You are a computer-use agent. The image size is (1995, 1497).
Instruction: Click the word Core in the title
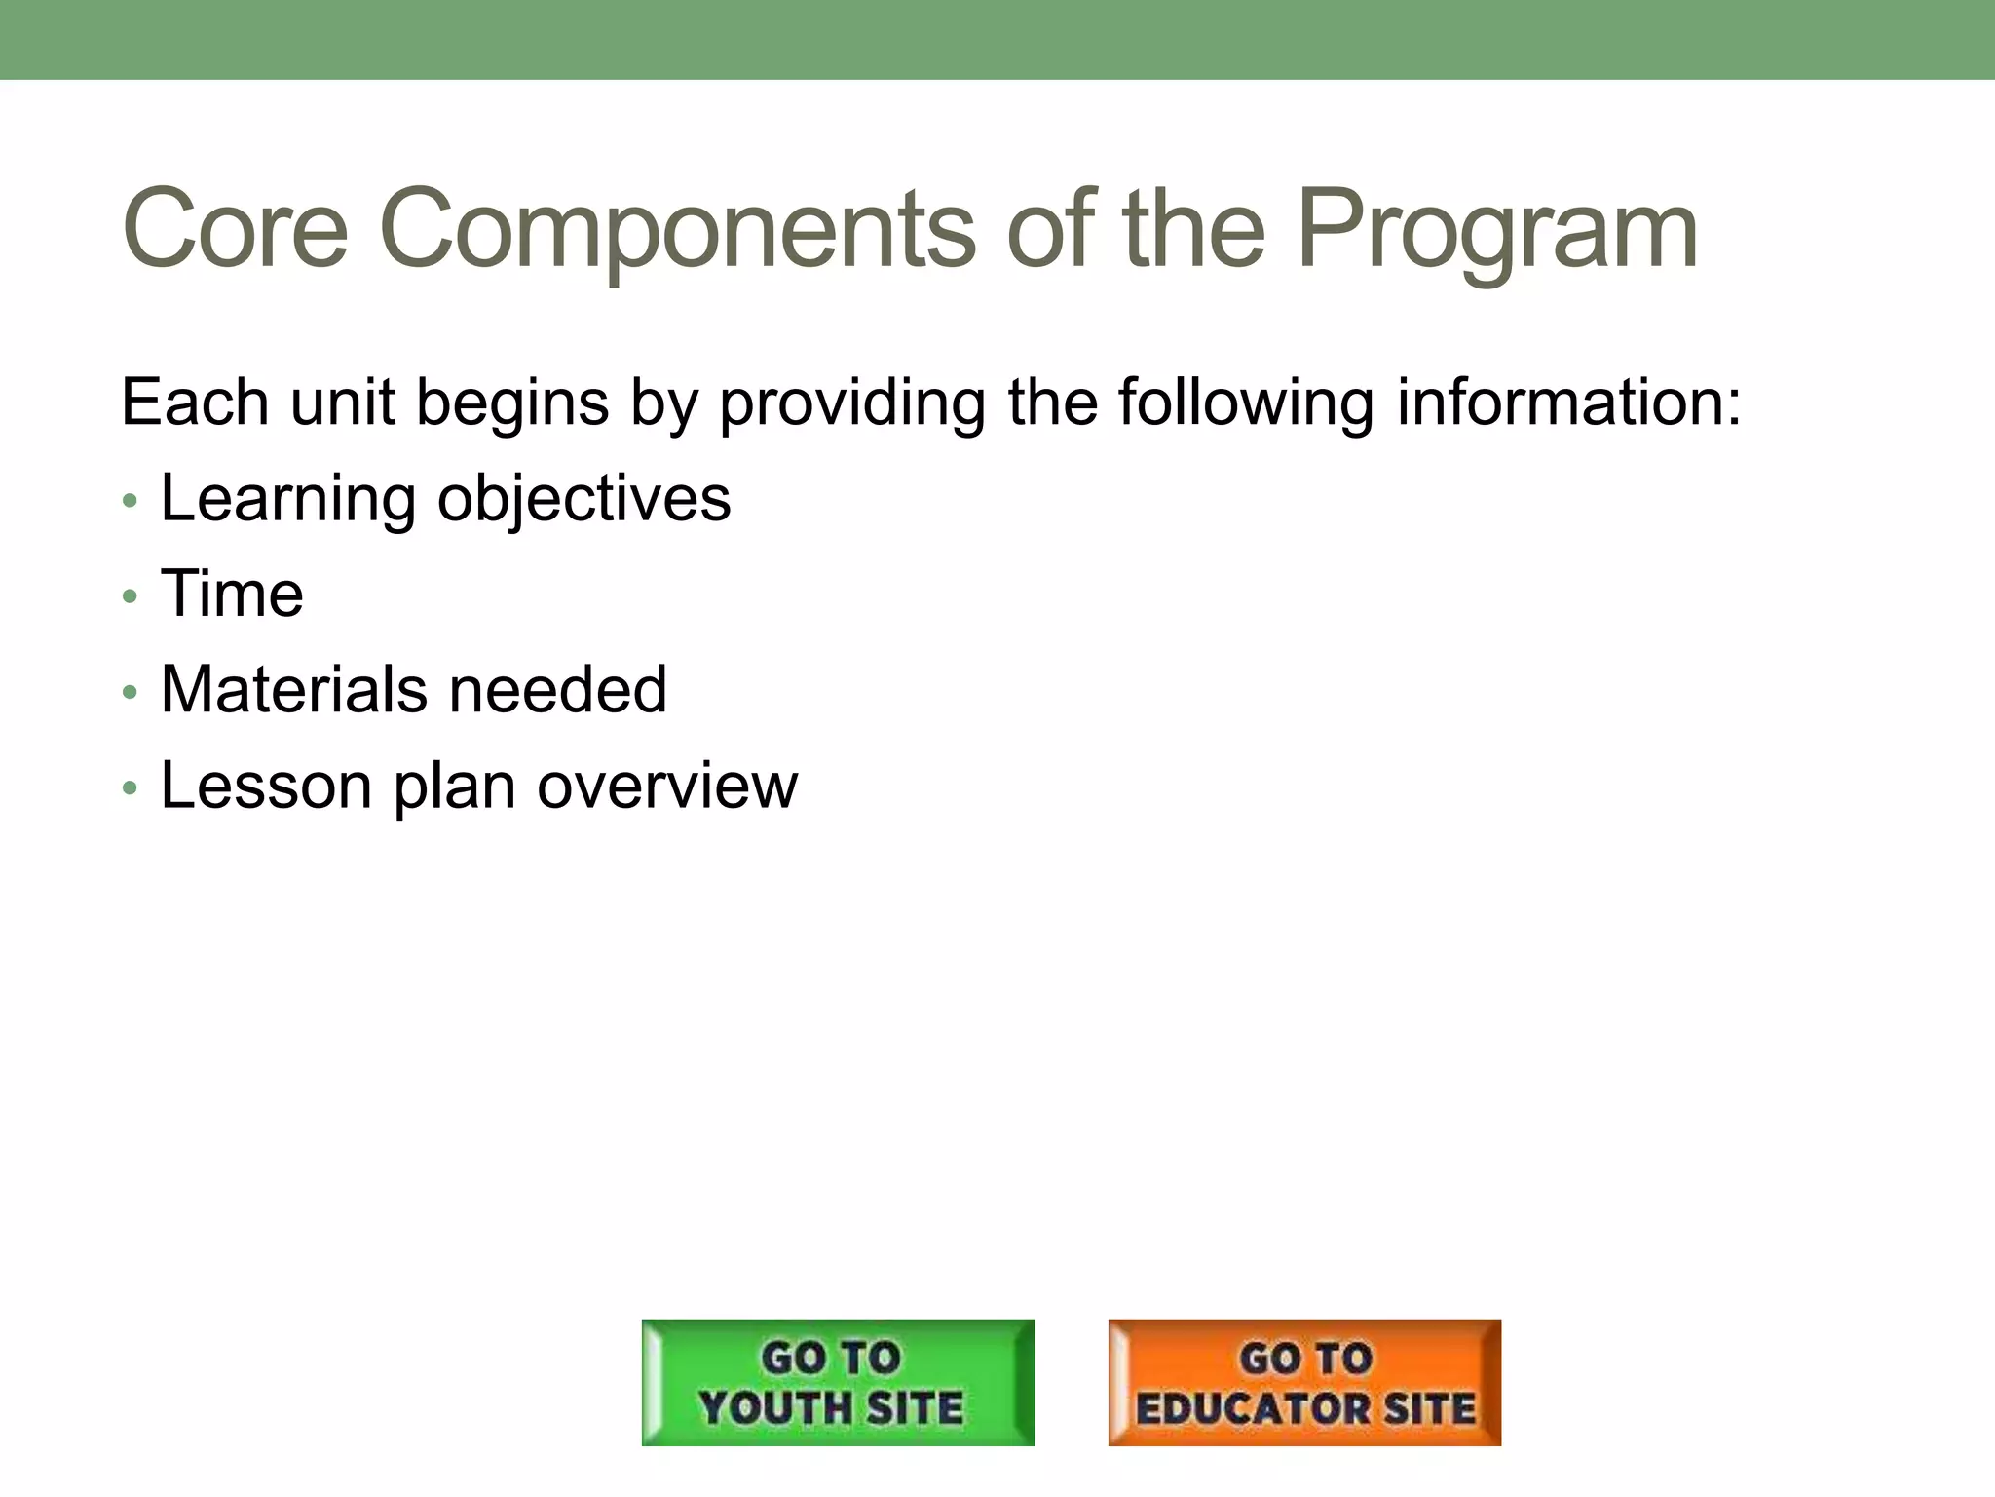[x=235, y=230]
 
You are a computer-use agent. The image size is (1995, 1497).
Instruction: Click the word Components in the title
[x=676, y=230]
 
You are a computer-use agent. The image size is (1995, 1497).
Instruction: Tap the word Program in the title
[x=1497, y=230]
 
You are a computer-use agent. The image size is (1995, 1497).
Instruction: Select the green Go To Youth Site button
[x=838, y=1382]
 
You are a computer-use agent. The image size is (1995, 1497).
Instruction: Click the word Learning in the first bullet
[x=287, y=499]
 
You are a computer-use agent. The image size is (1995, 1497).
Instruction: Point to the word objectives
[x=583, y=499]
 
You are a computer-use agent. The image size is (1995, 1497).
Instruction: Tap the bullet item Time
[x=232, y=594]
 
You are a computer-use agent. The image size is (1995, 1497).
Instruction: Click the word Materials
[x=293, y=690]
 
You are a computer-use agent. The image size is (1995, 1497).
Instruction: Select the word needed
[x=558, y=690]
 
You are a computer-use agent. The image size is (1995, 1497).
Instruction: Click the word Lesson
[x=266, y=786]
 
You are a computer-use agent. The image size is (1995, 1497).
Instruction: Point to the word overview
[x=667, y=786]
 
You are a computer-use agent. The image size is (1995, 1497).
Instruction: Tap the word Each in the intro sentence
[x=194, y=402]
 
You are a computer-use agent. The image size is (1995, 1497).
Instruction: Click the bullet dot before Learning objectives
[x=131, y=502]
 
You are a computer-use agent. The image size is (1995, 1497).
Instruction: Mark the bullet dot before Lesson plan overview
[x=131, y=787]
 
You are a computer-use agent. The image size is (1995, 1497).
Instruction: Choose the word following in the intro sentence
[x=1246, y=402]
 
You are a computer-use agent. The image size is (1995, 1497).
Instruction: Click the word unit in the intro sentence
[x=343, y=402]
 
